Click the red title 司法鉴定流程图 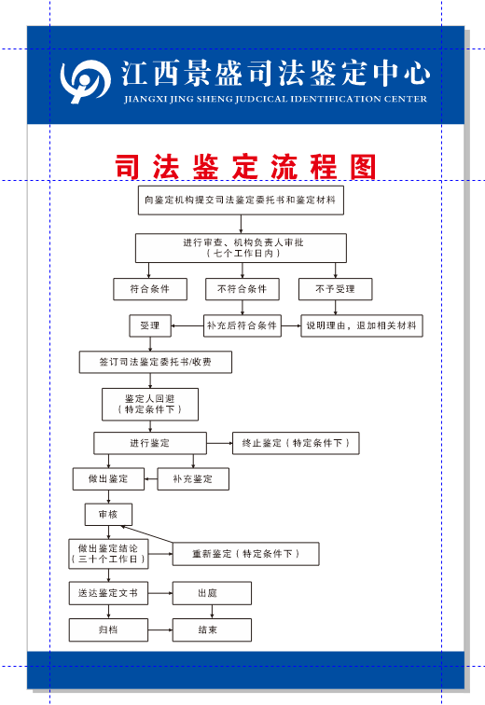pos(245,168)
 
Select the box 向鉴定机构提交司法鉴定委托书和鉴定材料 pos(241,200)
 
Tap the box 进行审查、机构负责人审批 pos(241,247)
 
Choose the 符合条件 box pos(149,289)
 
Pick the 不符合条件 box pos(242,289)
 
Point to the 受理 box pos(149,326)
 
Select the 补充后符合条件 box pos(242,326)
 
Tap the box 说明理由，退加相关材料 pos(361,326)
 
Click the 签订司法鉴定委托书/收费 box pos(155,362)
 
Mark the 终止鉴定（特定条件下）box pos(295,443)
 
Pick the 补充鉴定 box pos(192,479)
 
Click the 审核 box pos(108,515)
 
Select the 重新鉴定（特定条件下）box pos(245,554)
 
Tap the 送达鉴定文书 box pos(108,593)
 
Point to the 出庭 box pos(212,593)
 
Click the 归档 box pos(108,630)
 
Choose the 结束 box pos(212,630)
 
